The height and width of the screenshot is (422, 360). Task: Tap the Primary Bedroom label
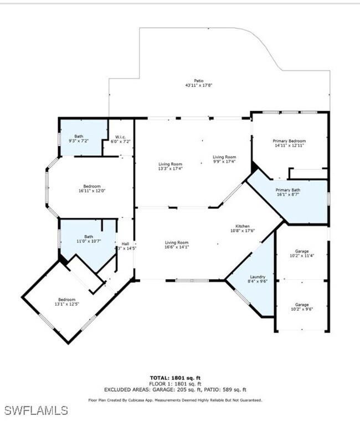[289, 141]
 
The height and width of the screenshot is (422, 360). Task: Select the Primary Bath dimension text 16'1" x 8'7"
[287, 195]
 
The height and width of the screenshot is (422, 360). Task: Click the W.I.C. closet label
[121, 137]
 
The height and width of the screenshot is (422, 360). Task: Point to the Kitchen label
[243, 226]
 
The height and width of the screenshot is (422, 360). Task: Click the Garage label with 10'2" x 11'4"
[302, 251]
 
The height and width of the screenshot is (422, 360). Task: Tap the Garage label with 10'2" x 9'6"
[302, 305]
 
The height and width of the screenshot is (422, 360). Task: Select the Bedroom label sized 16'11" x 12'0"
[92, 186]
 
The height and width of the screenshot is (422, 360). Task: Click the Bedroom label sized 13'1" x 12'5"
[66, 300]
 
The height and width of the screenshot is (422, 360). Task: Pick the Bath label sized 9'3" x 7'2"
[79, 136]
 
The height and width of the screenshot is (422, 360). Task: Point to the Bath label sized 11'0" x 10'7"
[89, 236]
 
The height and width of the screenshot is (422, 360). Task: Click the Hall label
[125, 243]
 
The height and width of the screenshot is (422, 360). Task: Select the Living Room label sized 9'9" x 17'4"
[224, 157]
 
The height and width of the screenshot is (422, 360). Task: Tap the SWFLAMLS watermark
[36, 410]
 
